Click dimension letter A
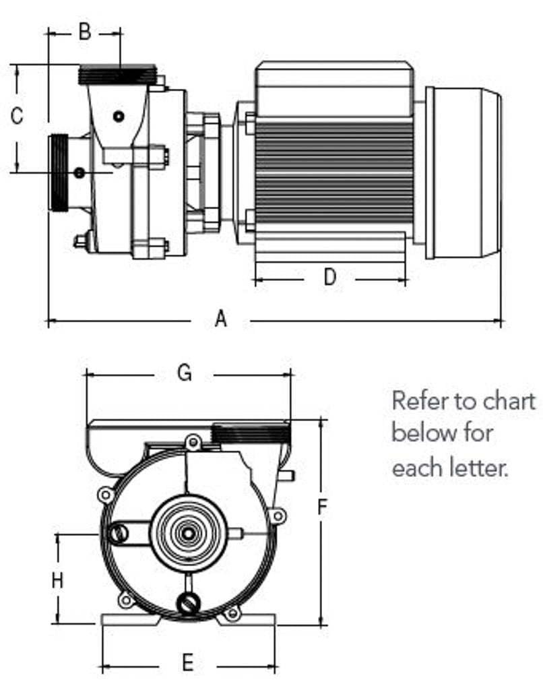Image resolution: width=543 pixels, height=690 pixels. point(221,319)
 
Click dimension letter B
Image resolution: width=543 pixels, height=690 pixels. point(84,31)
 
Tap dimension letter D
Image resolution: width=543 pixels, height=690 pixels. point(329,276)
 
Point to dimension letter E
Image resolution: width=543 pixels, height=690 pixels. point(188,663)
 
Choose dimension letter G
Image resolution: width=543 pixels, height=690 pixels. point(185,373)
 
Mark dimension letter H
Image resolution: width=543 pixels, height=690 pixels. point(58,579)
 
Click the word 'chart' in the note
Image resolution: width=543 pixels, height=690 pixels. point(509,402)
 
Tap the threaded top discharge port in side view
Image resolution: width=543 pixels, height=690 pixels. point(117,74)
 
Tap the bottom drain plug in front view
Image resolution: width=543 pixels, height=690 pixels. point(187,603)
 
